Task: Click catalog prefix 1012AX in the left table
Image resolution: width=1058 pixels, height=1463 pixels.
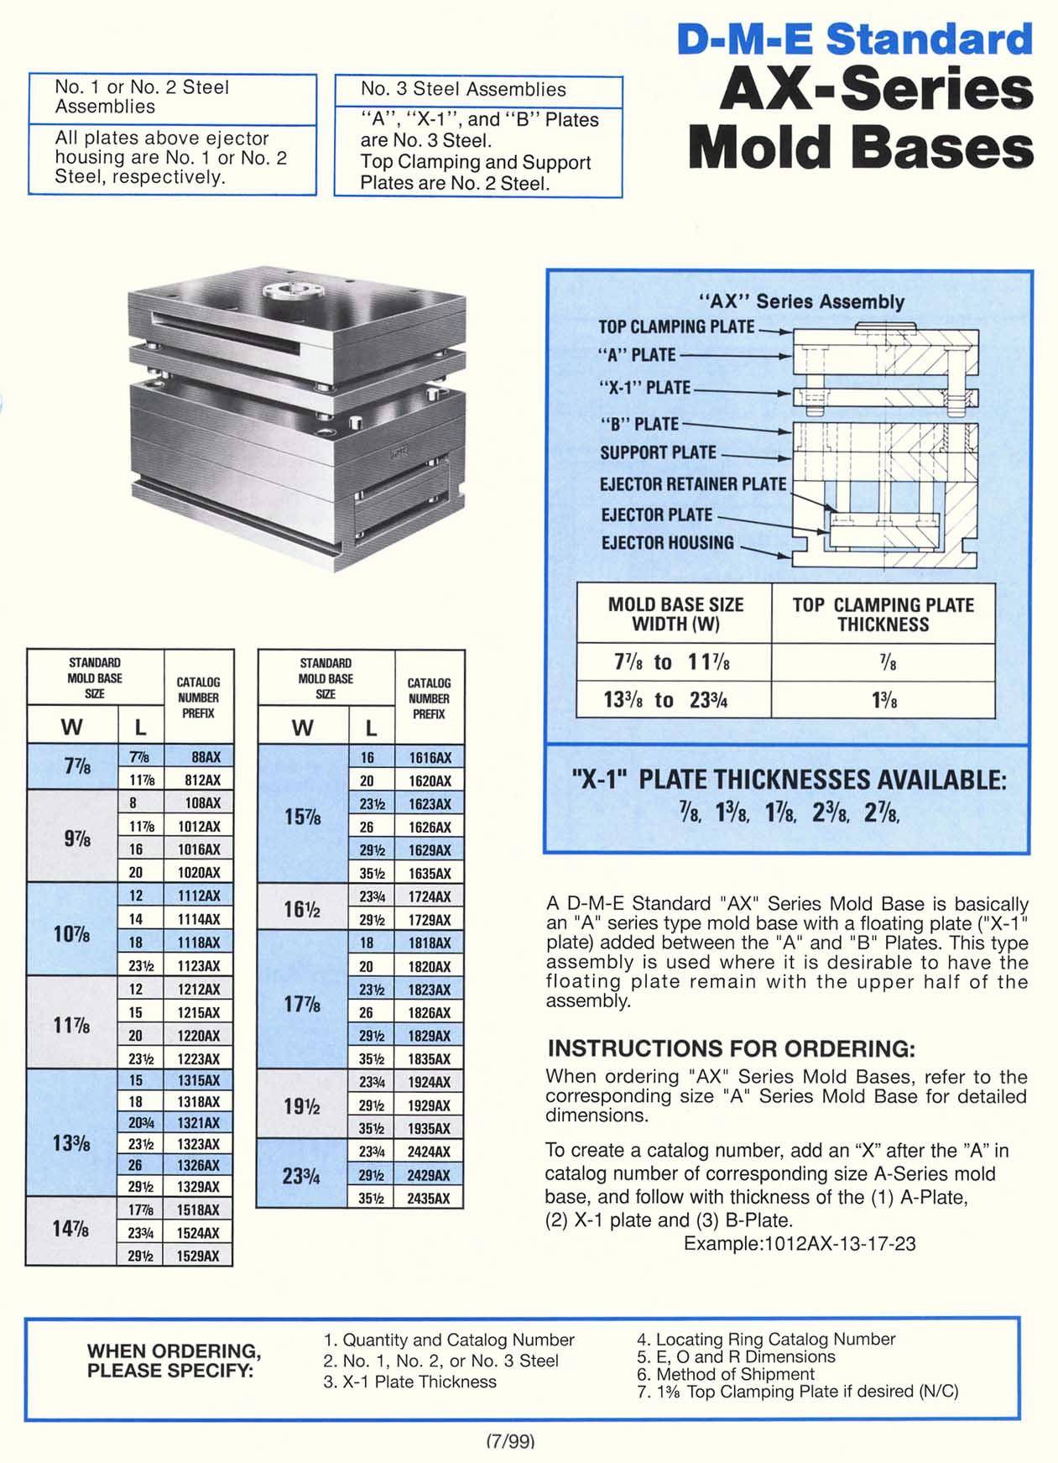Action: pos(199,827)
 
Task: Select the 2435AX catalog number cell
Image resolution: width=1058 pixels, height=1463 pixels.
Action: pos(430,1199)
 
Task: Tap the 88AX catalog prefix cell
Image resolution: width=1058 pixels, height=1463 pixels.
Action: pos(199,757)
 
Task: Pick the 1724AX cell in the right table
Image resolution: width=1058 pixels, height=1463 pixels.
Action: pos(430,896)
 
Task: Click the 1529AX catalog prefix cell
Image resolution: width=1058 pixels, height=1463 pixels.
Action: pos(199,1256)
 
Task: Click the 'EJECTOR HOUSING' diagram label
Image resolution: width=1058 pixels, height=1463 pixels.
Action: pos(667,543)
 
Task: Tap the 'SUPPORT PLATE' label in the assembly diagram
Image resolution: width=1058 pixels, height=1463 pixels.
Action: pos(658,452)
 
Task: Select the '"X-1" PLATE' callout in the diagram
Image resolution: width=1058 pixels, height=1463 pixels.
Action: pos(645,388)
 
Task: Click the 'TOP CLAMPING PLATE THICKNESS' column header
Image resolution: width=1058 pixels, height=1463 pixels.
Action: pos(883,614)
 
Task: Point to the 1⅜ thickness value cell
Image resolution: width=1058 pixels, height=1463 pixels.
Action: pos(883,699)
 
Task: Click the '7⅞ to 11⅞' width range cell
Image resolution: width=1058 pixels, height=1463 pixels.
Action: pos(674,662)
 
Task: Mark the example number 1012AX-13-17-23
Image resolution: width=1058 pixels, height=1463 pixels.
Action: pos(799,1243)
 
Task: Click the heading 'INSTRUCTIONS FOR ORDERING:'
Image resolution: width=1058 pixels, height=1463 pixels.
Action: pos(730,1048)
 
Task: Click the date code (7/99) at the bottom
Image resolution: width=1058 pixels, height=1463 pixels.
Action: pos(510,1441)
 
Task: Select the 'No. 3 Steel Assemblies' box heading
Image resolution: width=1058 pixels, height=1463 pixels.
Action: pos(463,90)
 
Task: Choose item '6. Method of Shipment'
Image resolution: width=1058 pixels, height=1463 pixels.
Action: pos(726,1374)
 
